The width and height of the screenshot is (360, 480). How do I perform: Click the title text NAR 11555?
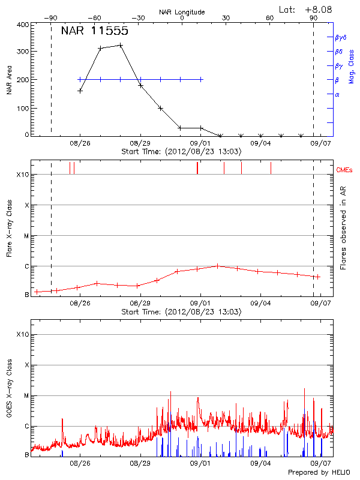(x=94, y=31)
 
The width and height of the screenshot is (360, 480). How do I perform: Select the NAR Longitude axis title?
(x=182, y=11)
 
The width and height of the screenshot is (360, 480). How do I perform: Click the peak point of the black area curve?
(x=121, y=45)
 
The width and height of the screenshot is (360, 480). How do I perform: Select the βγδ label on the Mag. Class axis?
(x=340, y=37)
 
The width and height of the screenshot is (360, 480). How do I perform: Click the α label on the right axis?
(x=337, y=95)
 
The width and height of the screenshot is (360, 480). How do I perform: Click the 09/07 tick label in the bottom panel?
(x=320, y=464)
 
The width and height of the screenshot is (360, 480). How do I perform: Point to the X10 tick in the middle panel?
(x=23, y=175)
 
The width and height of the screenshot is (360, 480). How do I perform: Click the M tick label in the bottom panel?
(x=26, y=396)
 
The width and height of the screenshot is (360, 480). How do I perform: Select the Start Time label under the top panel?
(x=181, y=152)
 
